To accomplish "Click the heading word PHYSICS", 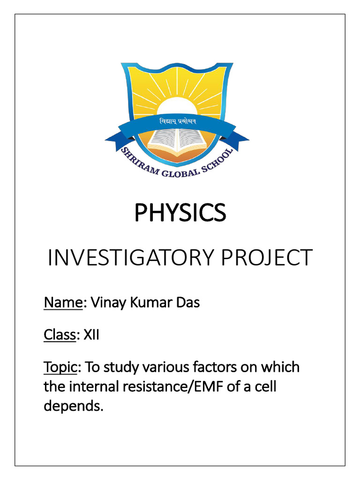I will click(x=180, y=213).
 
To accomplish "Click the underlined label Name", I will click(x=63, y=303).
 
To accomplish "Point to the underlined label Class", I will click(x=60, y=336).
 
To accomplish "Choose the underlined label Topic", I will click(x=60, y=367).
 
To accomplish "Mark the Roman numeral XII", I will click(x=91, y=336).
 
